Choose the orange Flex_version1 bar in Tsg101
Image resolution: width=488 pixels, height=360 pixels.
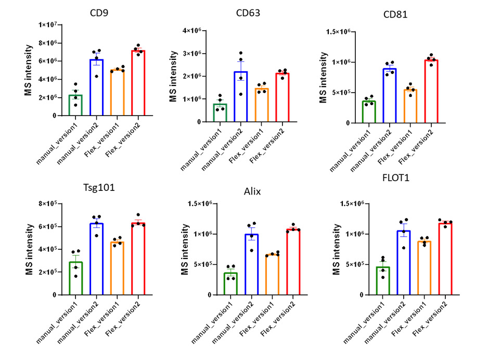117,268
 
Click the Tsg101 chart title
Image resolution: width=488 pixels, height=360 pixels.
98,188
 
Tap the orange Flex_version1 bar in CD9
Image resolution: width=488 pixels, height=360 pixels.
117,92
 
